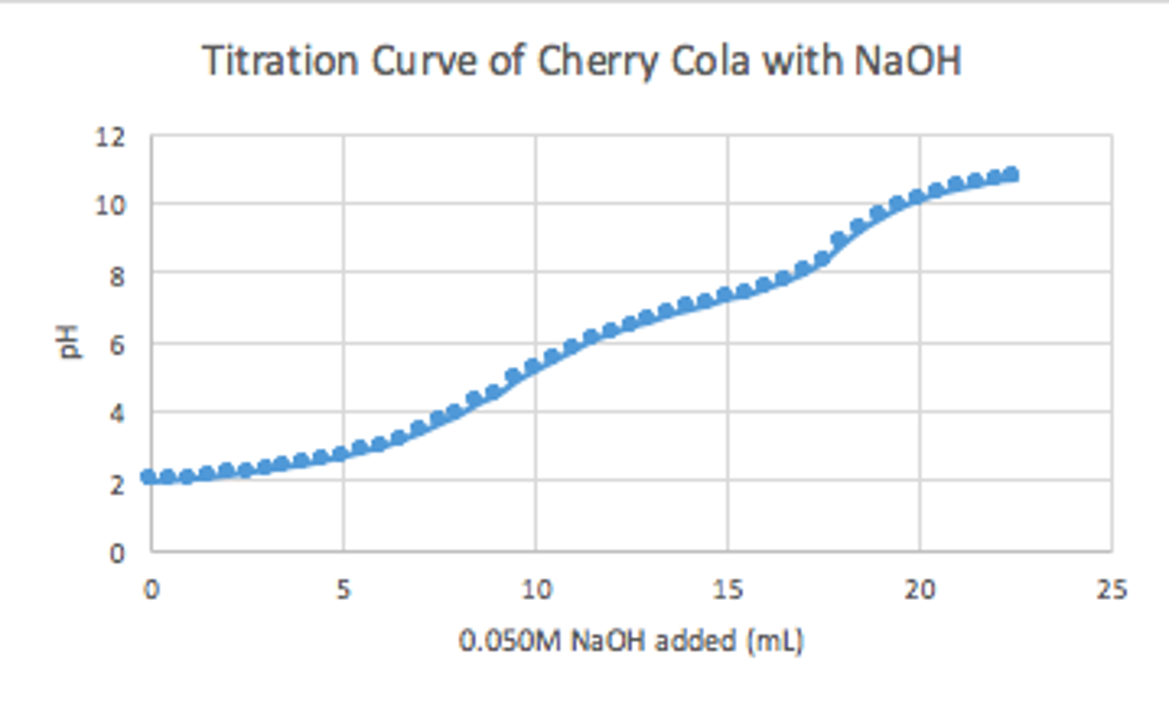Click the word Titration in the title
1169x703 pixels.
pyautogui.click(x=280, y=61)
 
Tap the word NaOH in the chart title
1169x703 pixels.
pyautogui.click(x=908, y=61)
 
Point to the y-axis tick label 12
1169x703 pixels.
pyautogui.click(x=109, y=137)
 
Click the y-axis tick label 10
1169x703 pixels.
pyautogui.click(x=109, y=206)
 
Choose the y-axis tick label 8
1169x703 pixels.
pyautogui.click(x=116, y=276)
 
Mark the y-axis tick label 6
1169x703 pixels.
pyautogui.click(x=116, y=345)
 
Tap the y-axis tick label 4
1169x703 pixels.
pyautogui.click(x=116, y=413)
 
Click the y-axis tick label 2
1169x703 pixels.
pyautogui.click(x=116, y=484)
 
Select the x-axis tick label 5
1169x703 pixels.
pyautogui.click(x=342, y=589)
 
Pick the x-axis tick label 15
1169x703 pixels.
pyautogui.click(x=727, y=589)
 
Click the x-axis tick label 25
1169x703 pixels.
pyautogui.click(x=1111, y=589)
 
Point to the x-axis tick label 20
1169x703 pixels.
pyautogui.click(x=919, y=589)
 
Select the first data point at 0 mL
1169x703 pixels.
pyautogui.click(x=148, y=476)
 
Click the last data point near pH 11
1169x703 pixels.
pyautogui.click(x=1011, y=174)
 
